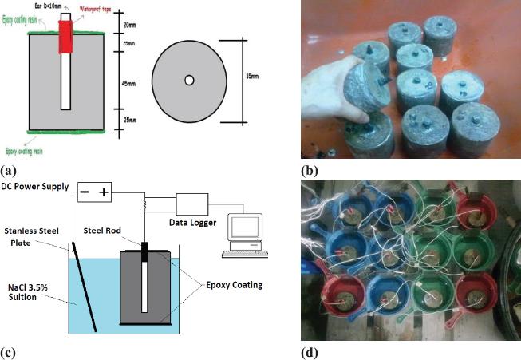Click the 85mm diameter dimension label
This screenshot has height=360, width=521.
[252, 79]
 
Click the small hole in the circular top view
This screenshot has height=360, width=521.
[189, 80]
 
